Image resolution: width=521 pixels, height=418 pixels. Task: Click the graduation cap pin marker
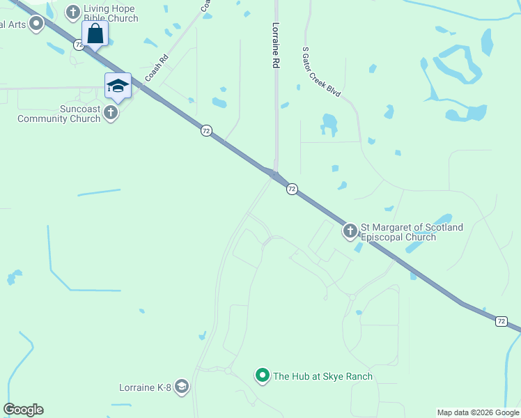pyautogui.click(x=118, y=86)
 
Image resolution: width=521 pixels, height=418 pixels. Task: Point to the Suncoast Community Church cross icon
pyautogui.click(x=111, y=113)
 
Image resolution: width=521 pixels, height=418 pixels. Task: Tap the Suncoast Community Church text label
pyautogui.click(x=61, y=114)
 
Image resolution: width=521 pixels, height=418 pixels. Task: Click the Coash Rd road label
pyautogui.click(x=157, y=68)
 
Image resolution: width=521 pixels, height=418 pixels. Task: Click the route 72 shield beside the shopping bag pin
pyautogui.click(x=79, y=45)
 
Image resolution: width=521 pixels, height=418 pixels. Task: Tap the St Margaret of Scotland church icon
pyautogui.click(x=350, y=231)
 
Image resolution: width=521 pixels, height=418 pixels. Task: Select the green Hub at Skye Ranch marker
pyautogui.click(x=263, y=376)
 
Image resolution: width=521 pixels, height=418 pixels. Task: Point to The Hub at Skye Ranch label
pyautogui.click(x=322, y=376)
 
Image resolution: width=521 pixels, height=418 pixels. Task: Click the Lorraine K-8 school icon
pyautogui.click(x=182, y=387)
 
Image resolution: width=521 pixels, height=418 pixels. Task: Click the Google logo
pyautogui.click(x=23, y=410)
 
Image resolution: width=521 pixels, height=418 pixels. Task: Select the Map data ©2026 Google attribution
pyautogui.click(x=478, y=412)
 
